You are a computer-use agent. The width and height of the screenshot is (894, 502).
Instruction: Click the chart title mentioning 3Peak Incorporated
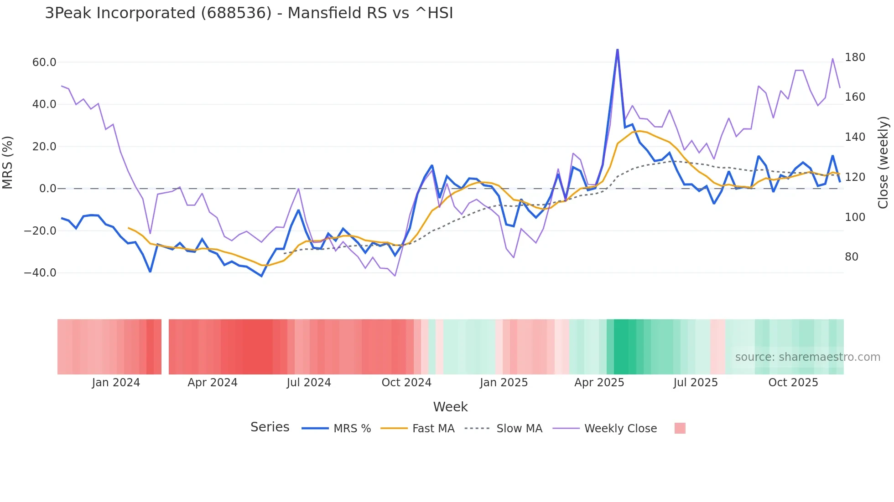[x=249, y=13]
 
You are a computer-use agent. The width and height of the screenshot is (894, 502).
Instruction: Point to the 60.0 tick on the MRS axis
[x=44, y=62]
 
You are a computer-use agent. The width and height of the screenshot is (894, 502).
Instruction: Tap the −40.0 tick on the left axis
[x=41, y=273]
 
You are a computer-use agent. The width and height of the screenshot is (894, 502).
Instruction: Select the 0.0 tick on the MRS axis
[x=47, y=189]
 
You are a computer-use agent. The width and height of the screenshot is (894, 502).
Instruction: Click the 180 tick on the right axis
[x=855, y=57]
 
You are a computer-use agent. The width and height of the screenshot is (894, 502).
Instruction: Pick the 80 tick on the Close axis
[x=852, y=257]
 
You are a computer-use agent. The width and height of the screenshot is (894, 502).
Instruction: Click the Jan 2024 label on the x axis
[x=116, y=383]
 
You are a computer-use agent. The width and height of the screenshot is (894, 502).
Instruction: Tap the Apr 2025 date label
[x=599, y=383]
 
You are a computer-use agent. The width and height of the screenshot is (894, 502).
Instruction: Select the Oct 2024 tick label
[x=406, y=383]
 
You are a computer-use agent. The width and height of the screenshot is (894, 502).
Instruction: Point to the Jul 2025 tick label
[x=695, y=383]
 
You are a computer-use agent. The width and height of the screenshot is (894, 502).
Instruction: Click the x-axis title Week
[x=450, y=407]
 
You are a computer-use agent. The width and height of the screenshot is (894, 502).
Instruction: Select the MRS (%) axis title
[x=8, y=162]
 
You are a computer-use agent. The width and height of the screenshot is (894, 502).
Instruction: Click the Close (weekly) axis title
[x=883, y=162]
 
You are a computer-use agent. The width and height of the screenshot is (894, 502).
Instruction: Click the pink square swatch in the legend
[x=680, y=428]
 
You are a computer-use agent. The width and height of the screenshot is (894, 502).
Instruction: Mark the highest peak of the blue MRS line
[x=617, y=50]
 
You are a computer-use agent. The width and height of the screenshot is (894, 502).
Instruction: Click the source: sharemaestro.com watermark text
[x=807, y=357]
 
